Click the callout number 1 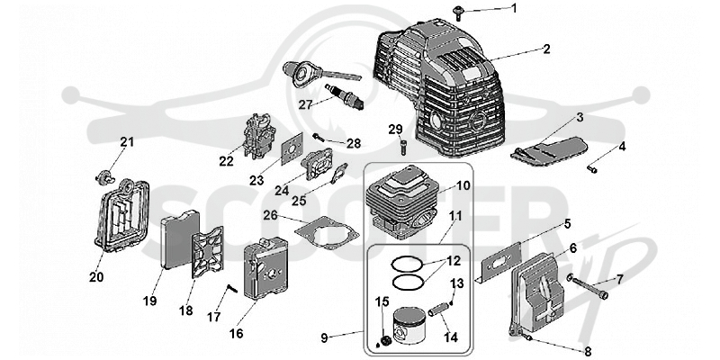click(514, 8)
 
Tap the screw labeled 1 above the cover click(458, 13)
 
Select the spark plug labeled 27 click(344, 96)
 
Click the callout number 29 click(395, 129)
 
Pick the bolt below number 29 click(403, 148)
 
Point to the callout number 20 click(96, 277)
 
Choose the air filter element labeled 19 click(179, 239)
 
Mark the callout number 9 click(324, 338)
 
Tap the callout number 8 click(588, 352)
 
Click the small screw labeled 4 click(592, 169)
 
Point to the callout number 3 click(580, 117)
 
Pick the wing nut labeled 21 click(104, 175)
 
